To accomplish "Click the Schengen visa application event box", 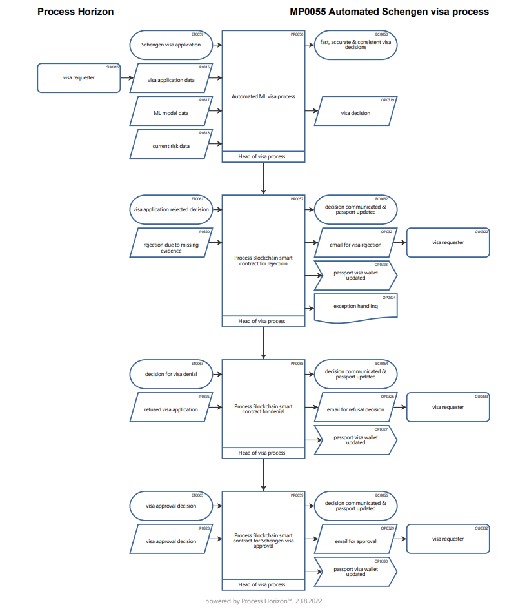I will pos(171,45).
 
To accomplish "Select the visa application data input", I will pos(171,80).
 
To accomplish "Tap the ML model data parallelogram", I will pos(171,112).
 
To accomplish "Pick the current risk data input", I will pos(171,146).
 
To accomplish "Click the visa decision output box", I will pos(355,113).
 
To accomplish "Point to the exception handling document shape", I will pos(355,306).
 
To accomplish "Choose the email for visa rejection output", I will pos(355,245).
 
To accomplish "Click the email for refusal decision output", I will pos(355,409).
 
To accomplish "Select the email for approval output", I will pos(355,541).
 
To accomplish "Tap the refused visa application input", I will pos(171,409).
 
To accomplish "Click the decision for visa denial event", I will pos(171,374).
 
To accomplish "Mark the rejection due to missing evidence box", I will pos(171,248).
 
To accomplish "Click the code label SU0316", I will pos(113,67).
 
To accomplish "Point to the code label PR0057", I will pos(297,199).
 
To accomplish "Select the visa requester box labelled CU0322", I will pos(448,242).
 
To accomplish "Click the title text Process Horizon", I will pos(75,12).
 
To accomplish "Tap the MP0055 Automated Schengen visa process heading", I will pos(390,12).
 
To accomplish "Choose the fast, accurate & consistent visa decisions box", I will pos(355,45).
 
